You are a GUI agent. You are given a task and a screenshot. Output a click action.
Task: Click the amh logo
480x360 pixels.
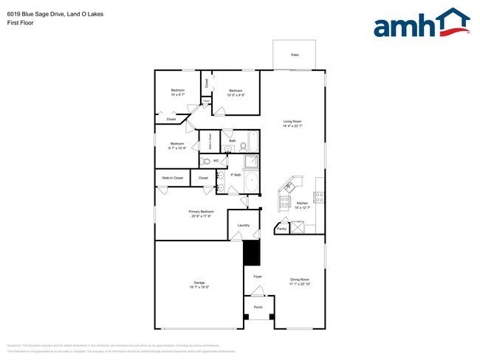(421, 24)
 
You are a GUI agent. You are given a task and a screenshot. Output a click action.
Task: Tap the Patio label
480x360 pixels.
(295, 55)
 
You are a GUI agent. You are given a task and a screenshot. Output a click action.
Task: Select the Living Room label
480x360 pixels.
(292, 122)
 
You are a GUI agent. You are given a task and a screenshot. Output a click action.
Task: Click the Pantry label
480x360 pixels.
(281, 229)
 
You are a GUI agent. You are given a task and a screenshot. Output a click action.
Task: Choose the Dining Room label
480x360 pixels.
(300, 280)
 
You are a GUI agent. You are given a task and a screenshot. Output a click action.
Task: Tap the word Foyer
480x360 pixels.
(258, 277)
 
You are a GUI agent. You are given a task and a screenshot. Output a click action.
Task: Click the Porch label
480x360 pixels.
(258, 307)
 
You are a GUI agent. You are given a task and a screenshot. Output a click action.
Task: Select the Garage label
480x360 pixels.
(199, 283)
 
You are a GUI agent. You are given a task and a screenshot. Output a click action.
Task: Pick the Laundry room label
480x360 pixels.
(244, 225)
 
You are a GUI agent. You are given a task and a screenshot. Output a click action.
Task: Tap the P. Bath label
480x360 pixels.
(236, 175)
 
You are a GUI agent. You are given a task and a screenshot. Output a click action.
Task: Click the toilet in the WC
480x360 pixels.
(205, 161)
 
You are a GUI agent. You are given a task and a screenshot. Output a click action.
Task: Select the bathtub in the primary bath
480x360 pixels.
(252, 181)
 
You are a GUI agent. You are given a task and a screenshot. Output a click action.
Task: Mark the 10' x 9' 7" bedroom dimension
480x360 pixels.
(178, 94)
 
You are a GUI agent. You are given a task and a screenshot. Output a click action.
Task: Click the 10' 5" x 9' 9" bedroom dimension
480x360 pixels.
(236, 94)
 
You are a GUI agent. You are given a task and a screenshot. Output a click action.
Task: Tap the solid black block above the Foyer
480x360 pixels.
(253, 253)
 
